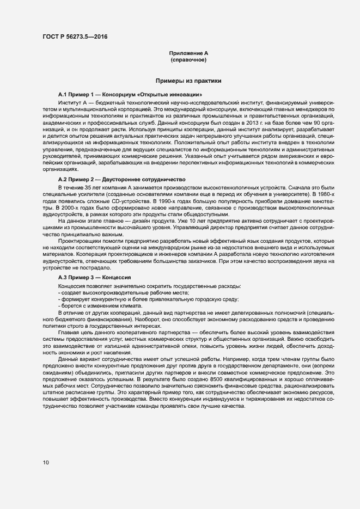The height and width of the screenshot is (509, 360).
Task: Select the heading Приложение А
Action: point(188,53)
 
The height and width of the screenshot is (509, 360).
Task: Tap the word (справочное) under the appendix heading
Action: point(188,59)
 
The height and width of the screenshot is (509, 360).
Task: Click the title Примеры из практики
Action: point(188,81)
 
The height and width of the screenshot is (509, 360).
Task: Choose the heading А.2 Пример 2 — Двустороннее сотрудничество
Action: point(122,179)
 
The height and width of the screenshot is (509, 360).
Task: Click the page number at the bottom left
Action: point(46,463)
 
